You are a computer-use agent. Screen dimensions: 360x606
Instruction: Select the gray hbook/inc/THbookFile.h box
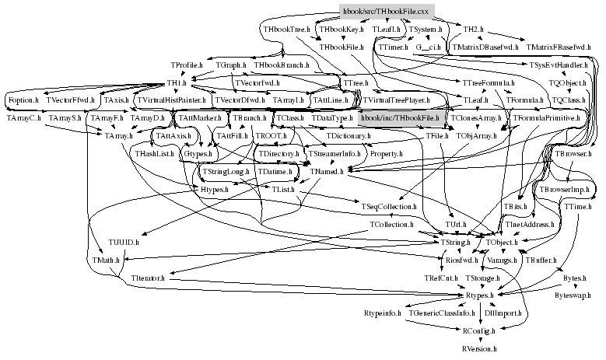401,117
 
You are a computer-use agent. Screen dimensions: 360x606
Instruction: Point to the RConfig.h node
478,330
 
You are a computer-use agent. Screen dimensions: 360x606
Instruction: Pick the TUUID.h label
123,243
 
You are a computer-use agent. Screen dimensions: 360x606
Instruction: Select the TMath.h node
107,260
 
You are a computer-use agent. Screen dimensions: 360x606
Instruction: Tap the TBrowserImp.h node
565,189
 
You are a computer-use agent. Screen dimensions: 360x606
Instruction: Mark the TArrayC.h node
23,117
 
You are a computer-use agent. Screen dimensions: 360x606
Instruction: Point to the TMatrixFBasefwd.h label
560,48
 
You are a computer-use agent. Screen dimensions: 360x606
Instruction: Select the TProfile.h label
186,65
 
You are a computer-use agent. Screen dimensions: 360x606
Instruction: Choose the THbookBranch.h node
282,65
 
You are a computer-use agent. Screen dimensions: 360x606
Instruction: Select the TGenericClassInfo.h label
442,313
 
